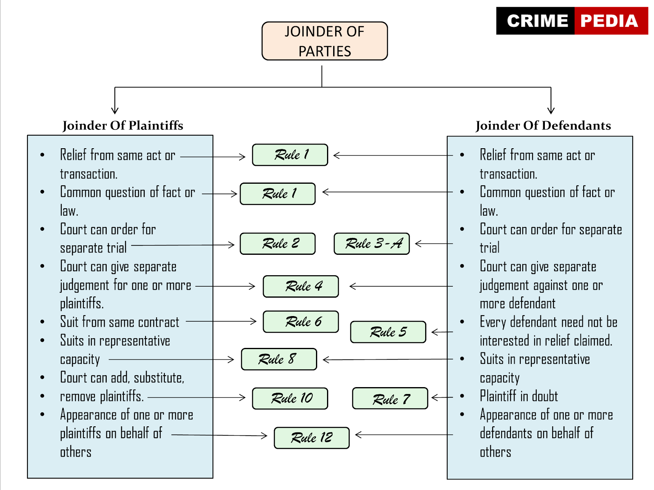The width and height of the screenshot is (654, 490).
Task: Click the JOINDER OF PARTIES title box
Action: coord(325,41)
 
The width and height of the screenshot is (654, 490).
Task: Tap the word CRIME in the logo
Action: coord(537,21)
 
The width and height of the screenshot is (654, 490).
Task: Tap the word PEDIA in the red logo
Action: coord(609,21)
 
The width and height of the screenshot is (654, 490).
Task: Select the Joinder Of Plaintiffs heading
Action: coord(123,125)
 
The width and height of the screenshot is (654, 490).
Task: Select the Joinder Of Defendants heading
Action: coord(543,125)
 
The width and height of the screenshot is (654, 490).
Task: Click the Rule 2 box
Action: coord(278,244)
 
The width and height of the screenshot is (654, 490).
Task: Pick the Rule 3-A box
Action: coord(372,244)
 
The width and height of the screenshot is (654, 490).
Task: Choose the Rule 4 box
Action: coord(301,286)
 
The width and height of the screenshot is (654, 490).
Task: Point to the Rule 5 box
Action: coord(388,332)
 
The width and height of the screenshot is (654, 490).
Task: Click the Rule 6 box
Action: coord(301,322)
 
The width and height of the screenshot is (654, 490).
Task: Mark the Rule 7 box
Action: coord(390,399)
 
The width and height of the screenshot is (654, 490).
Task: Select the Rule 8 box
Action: coord(279,359)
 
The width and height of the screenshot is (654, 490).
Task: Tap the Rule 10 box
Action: coord(290,399)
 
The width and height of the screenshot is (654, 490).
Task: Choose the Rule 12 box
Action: coord(311,438)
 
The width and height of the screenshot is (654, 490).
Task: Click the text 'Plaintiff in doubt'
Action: coord(519,396)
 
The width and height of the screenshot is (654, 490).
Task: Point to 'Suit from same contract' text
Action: coord(119,322)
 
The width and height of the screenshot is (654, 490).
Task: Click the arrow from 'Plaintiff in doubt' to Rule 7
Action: coord(442,397)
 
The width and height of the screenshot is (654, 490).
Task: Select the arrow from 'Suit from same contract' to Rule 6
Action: coord(221,321)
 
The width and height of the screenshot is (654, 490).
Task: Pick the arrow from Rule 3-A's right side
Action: coord(433,244)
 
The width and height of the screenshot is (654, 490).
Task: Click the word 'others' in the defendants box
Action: coord(495,452)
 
